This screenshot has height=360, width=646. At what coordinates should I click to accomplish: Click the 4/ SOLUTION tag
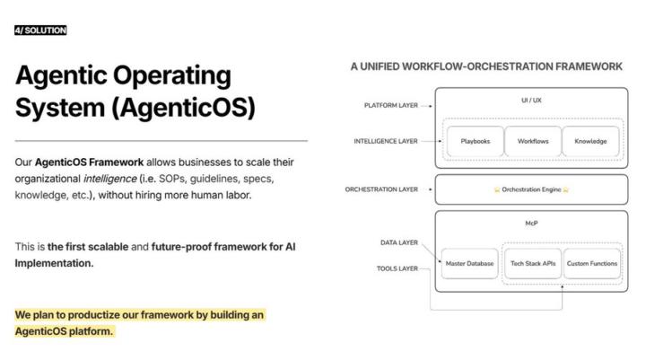click(40, 31)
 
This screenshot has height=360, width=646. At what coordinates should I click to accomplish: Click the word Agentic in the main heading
click(67, 76)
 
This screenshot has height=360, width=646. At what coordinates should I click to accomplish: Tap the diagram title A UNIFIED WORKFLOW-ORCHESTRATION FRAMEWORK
click(486, 66)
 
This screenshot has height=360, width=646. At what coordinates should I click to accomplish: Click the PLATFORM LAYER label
click(391, 105)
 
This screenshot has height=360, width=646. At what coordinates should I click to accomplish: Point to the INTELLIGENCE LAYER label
click(387, 141)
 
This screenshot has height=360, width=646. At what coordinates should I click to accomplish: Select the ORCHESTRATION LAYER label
click(381, 189)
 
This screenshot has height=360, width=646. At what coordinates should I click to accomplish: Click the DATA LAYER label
click(399, 242)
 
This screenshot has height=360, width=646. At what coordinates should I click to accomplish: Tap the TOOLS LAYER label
click(397, 268)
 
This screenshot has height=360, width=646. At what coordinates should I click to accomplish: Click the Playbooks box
click(475, 142)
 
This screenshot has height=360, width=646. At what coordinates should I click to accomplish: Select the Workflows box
click(532, 142)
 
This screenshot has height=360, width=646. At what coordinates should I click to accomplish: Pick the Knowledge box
click(589, 142)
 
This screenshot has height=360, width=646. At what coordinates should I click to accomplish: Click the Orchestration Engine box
click(531, 190)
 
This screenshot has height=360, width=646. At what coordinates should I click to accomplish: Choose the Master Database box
click(470, 264)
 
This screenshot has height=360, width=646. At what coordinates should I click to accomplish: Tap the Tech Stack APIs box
click(532, 264)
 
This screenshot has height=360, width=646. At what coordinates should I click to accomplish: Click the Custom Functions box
click(592, 264)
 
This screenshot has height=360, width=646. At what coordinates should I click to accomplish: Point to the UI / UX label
click(531, 101)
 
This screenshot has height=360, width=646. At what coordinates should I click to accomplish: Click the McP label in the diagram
click(531, 223)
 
